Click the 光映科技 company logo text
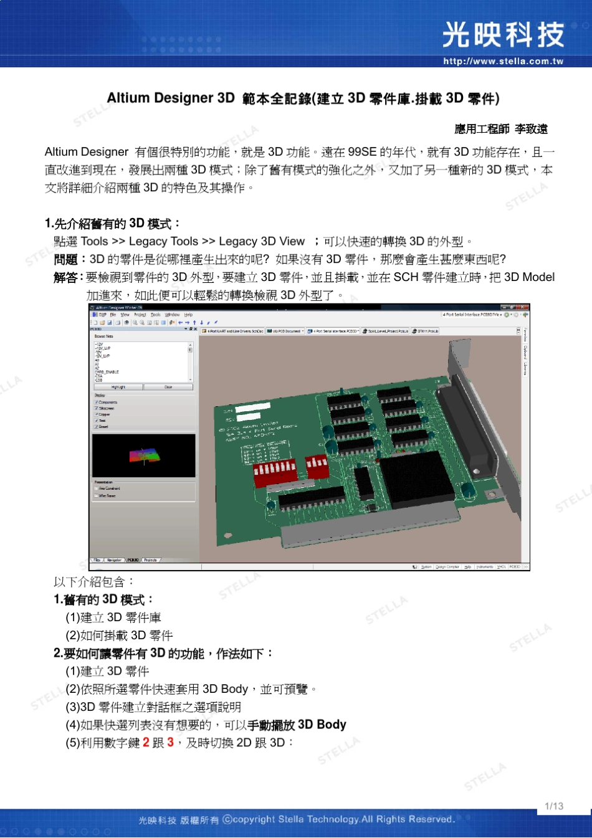coord(503,35)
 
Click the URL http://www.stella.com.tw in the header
coord(503,61)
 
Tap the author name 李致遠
coord(531,129)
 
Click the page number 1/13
coord(553,806)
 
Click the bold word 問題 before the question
coord(65,260)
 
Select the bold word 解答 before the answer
coord(65,278)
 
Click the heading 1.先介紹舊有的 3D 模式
coord(112,224)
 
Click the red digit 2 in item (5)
coord(146,743)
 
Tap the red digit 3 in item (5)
coord(171,743)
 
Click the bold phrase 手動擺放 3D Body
coord(297,725)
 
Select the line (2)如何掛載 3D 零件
coord(119,636)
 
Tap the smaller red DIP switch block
coord(317,465)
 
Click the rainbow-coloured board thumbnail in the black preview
coord(144,455)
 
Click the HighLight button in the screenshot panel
coord(118,387)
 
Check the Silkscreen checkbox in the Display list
coord(97,409)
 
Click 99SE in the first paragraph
coord(362,152)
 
